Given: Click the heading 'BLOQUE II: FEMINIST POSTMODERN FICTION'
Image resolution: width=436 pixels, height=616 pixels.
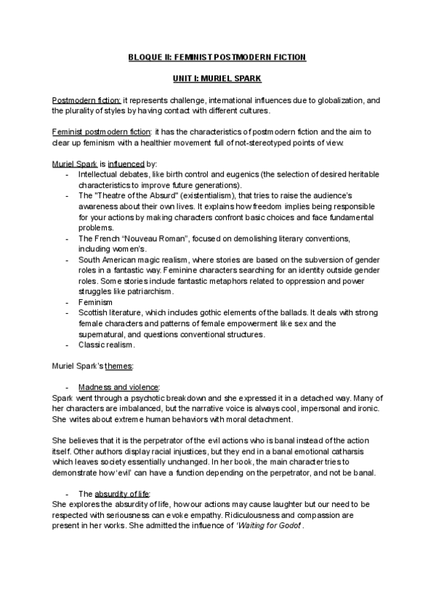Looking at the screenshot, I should [x=218, y=57].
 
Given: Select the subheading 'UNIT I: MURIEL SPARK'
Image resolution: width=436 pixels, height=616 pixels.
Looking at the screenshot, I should [x=218, y=79].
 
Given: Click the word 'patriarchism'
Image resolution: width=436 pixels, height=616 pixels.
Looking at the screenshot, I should [x=149, y=291].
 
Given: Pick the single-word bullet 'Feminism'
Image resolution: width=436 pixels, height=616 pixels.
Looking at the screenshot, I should [x=96, y=301].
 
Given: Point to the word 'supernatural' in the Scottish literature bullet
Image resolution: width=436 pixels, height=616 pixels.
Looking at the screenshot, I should [x=107, y=333].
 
